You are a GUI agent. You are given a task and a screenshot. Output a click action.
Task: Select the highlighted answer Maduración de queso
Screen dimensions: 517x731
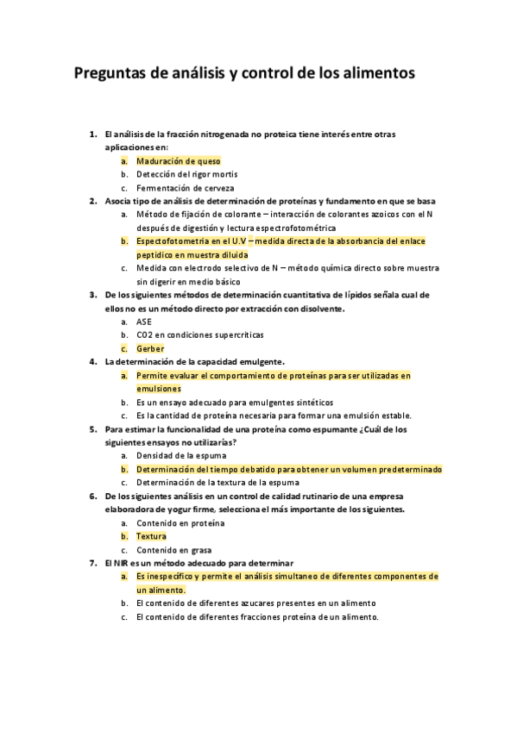coord(178,161)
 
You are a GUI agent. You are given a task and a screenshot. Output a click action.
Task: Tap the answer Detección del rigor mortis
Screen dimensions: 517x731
coord(186,174)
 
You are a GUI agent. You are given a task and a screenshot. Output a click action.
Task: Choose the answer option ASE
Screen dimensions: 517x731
coord(143,322)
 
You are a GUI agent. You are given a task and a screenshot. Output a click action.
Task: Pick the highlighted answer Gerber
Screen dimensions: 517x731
coord(150,348)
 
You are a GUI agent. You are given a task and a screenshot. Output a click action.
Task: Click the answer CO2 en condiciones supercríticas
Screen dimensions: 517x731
coord(199,334)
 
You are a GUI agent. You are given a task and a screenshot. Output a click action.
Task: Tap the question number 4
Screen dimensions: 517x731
coord(93,361)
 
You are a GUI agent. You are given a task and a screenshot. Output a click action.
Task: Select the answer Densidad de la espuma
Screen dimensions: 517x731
coord(179,456)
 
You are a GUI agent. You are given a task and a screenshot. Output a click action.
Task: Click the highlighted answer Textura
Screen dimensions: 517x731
coord(151,536)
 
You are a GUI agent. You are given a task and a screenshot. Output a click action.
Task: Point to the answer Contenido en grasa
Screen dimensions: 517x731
coord(173,550)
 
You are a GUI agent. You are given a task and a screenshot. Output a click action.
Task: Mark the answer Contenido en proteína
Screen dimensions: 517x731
coord(180,523)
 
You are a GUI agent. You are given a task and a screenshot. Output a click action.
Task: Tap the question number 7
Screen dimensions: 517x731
coord(93,563)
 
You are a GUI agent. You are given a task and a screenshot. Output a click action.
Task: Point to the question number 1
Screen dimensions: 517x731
coord(93,134)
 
